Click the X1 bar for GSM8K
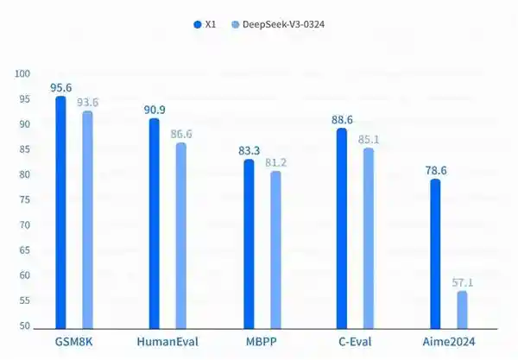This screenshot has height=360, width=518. [x=60, y=212]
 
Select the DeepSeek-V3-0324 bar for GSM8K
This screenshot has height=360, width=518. [x=87, y=220]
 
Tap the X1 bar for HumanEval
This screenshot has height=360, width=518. [x=154, y=224]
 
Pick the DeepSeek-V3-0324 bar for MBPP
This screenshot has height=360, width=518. [x=275, y=250]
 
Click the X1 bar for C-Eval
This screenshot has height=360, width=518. [x=341, y=229]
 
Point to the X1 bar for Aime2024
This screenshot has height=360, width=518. [x=435, y=254]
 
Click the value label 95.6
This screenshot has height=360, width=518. [x=60, y=87]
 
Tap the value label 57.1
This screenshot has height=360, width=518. [x=463, y=282]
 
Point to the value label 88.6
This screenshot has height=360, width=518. [x=341, y=120]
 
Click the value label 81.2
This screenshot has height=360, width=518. [x=276, y=162]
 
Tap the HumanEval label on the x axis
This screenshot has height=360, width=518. [x=167, y=342]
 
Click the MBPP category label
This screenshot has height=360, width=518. [x=261, y=342]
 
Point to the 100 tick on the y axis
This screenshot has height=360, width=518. [x=22, y=74]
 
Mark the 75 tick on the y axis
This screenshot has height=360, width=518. [x=24, y=200]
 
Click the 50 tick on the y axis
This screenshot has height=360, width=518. [x=24, y=326]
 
